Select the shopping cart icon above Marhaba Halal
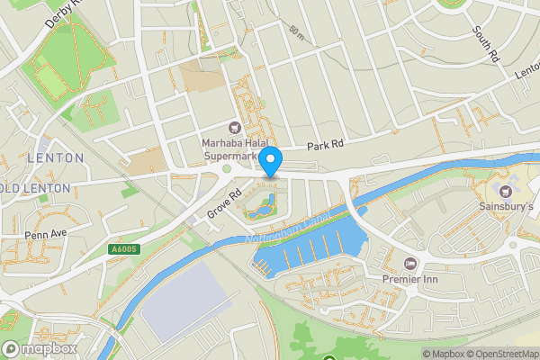(236, 127)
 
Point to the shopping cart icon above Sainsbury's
(504, 190)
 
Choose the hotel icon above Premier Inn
(411, 263)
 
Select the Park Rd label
(325, 145)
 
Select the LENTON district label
(56, 157)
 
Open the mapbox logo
(39, 348)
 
